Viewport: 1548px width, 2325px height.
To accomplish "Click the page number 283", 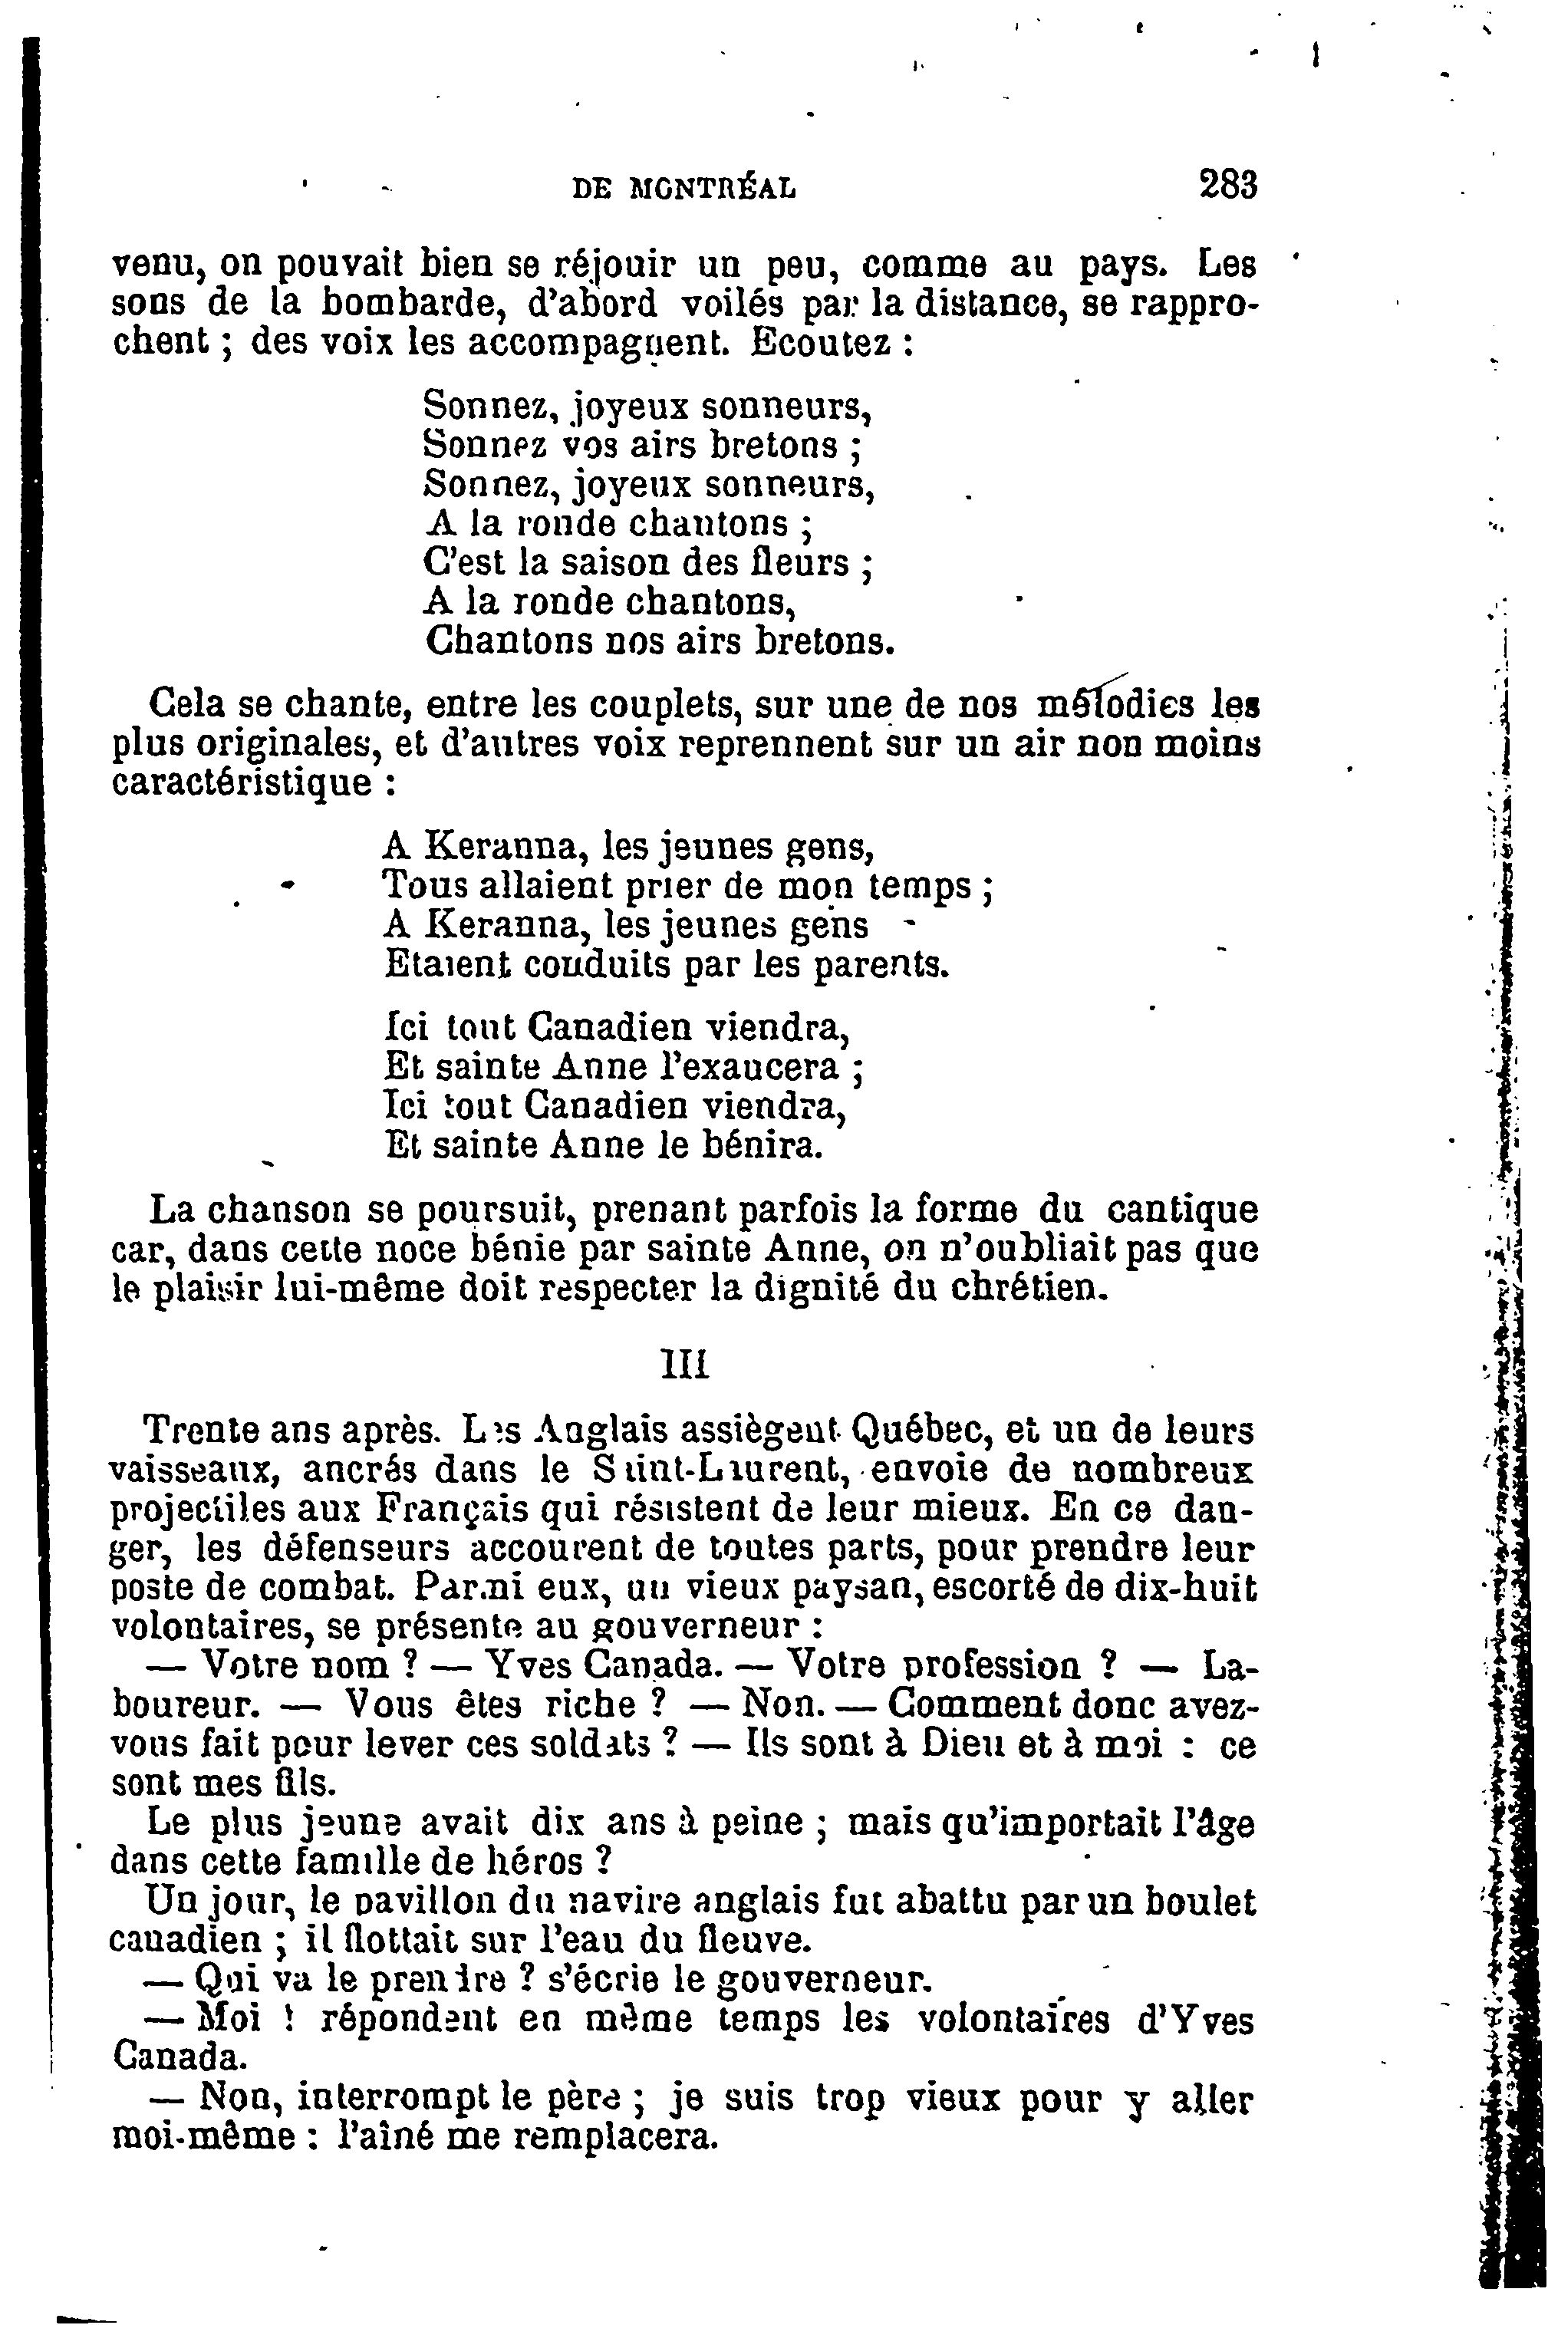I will (x=1227, y=185).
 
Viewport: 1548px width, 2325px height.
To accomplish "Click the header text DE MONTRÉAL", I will (x=684, y=188).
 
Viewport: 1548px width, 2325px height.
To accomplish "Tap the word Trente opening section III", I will (x=202, y=1428).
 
